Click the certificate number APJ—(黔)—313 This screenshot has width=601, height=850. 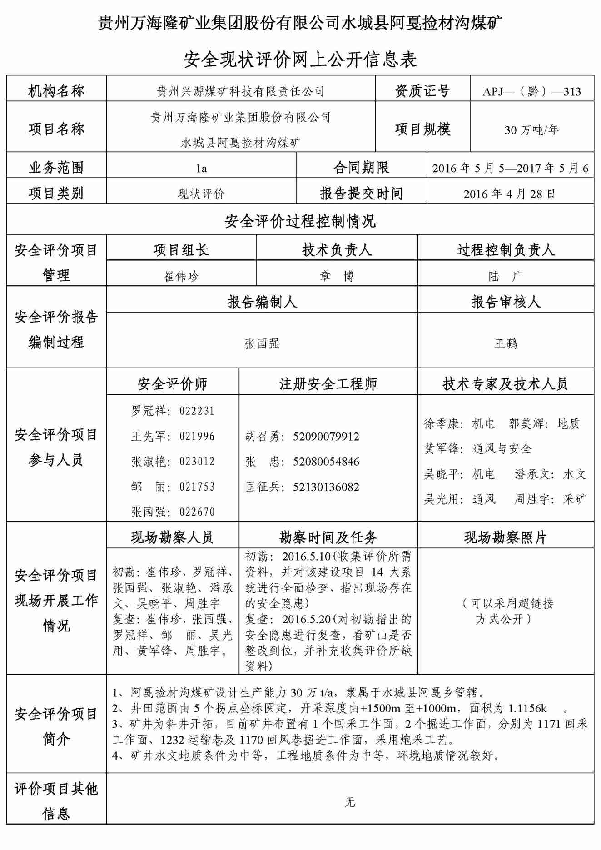[x=531, y=91]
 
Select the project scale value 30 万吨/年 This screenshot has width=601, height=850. [x=531, y=130]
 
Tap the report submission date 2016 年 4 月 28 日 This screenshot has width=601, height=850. [x=509, y=194]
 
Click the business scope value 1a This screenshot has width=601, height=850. [x=201, y=169]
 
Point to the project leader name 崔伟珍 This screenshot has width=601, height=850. [x=181, y=276]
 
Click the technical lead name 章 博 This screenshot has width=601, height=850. [x=337, y=276]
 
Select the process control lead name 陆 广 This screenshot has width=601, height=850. [x=505, y=276]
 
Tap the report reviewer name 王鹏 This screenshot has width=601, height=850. [x=506, y=343]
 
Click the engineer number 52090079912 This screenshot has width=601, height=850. [x=326, y=437]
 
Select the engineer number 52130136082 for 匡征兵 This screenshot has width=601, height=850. [x=326, y=487]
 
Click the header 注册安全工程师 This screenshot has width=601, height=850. [x=328, y=384]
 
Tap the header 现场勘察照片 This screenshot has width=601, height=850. [x=505, y=538]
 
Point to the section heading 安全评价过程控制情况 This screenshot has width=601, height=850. [x=300, y=222]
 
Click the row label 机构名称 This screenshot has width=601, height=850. [x=56, y=91]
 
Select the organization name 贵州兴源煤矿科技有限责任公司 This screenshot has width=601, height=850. [x=241, y=91]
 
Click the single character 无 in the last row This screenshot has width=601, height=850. [x=349, y=802]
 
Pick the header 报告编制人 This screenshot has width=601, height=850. [x=262, y=302]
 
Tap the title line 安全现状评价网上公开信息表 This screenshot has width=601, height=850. [x=300, y=60]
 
